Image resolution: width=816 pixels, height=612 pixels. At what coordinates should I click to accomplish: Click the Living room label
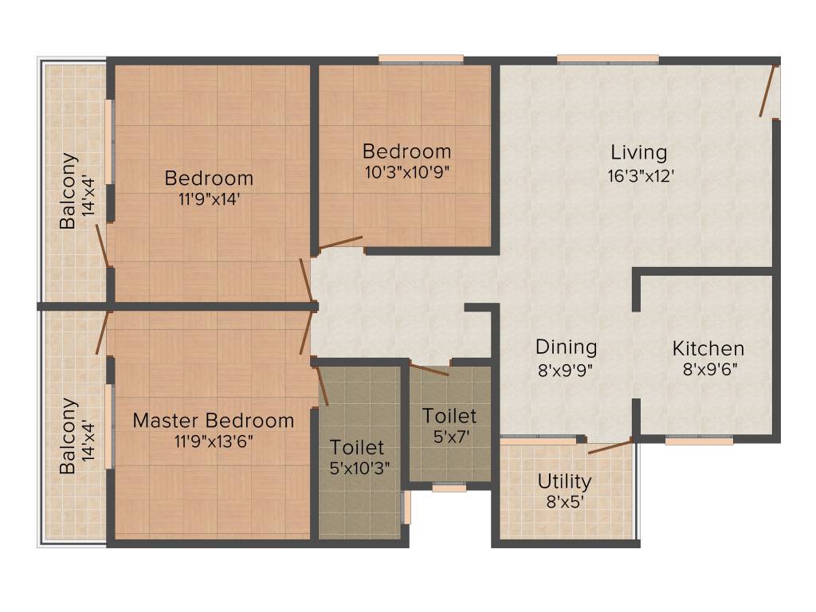pos(638,152)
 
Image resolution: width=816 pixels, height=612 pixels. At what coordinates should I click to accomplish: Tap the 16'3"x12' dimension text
pos(641,175)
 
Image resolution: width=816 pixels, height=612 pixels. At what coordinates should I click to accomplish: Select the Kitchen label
pos(708,348)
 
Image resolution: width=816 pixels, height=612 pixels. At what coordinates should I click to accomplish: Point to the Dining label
pos(566,347)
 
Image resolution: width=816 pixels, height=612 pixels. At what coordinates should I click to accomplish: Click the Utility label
pos(563,481)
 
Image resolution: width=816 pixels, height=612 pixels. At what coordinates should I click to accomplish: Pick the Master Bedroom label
pos(213,420)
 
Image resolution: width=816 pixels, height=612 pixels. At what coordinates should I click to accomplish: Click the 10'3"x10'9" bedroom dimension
pos(406,173)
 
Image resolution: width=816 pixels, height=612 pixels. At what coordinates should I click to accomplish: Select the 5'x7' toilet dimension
pos(449,437)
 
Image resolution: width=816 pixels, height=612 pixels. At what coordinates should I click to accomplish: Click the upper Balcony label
pos(69,190)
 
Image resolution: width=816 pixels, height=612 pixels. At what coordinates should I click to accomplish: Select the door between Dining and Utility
pos(610,445)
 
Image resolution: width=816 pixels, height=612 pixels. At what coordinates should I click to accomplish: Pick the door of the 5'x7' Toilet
pos(429,368)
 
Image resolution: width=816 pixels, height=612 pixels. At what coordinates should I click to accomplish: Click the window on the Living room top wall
pos(607,58)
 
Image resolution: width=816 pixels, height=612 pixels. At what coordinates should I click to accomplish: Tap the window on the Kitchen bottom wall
pos(699,439)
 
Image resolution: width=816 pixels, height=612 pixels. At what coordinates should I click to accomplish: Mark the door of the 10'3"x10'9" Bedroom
pos(340,242)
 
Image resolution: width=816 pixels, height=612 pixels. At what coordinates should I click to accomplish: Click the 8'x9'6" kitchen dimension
pos(708,370)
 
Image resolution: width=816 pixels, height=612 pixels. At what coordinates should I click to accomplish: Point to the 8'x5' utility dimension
pos(563,503)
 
